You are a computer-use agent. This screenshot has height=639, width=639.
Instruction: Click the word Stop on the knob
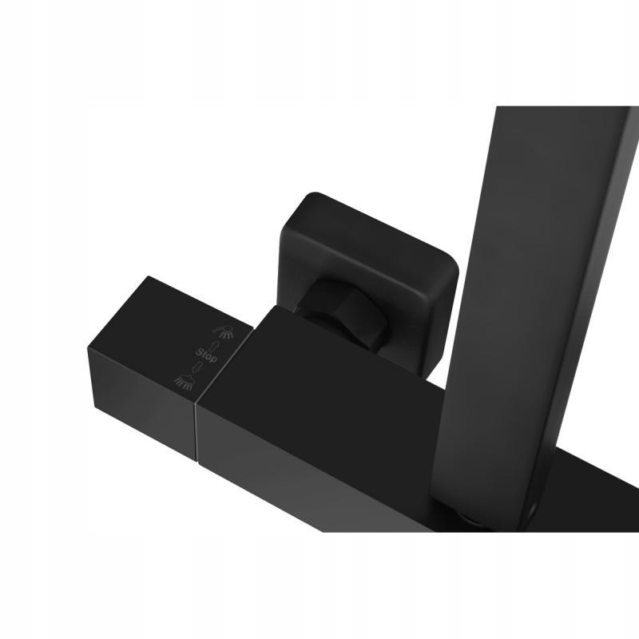click(x=207, y=355)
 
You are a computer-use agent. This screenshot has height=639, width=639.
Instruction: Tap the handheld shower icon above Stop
click(x=224, y=331)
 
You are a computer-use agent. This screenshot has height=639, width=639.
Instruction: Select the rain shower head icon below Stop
click(x=184, y=381)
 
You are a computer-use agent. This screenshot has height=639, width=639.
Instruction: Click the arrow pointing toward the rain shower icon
click(x=197, y=367)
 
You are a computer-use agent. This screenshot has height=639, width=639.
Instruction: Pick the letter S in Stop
click(x=199, y=351)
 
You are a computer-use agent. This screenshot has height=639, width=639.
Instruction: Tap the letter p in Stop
click(x=214, y=359)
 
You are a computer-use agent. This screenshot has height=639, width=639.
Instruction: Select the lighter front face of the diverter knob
click(x=142, y=403)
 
